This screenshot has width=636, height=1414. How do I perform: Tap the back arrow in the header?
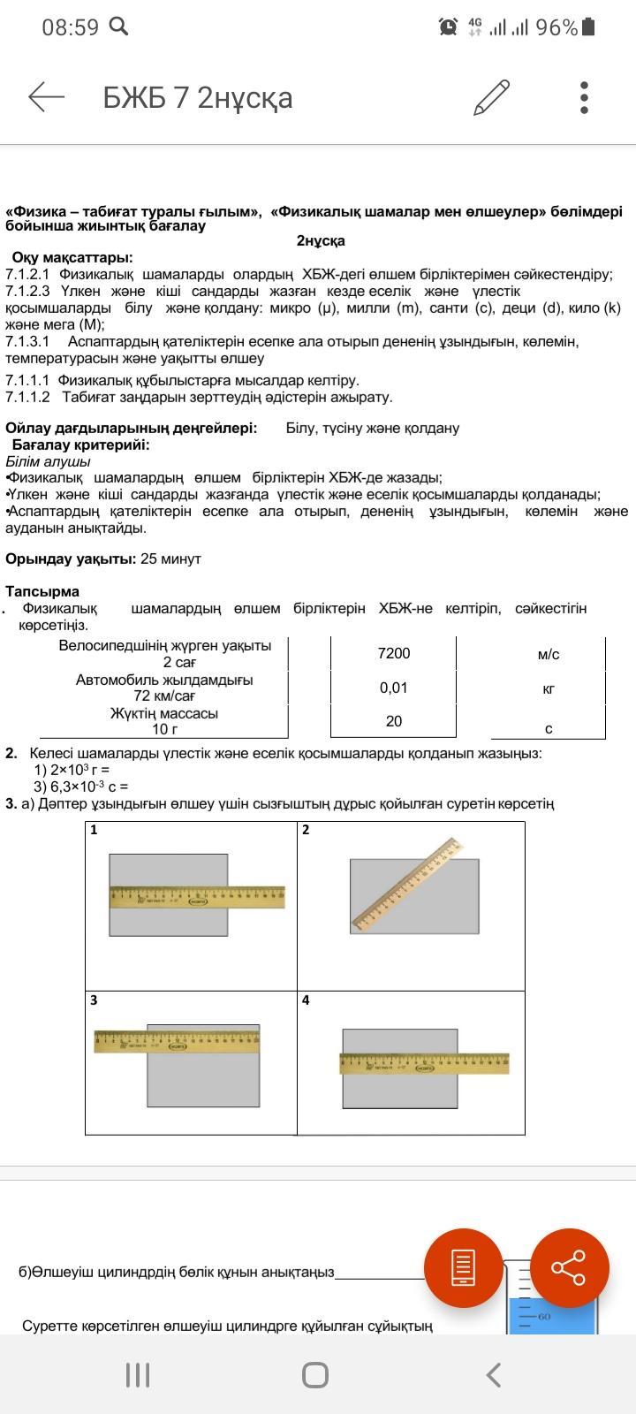47,97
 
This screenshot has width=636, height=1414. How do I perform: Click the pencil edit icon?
491,97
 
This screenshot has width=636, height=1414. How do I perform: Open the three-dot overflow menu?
584,97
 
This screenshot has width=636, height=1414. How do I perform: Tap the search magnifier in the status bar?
118,27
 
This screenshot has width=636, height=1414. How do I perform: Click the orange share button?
569,1268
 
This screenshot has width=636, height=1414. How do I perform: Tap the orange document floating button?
464,1268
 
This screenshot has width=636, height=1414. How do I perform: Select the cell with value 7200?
393,653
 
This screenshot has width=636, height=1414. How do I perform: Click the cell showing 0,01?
393,688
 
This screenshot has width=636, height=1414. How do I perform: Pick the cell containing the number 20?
393,721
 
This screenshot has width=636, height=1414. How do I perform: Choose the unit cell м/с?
548,655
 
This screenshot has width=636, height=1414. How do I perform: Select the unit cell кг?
548,688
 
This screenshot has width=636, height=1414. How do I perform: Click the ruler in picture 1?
197,897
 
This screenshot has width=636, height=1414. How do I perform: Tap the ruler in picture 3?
177,1041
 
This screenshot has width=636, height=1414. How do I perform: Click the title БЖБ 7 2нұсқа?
198,98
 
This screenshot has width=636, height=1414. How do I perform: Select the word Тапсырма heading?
42,591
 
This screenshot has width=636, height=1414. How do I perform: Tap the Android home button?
315,1374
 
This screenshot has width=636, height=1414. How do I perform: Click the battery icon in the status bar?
589,27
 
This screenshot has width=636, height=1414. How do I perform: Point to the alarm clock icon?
448,27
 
